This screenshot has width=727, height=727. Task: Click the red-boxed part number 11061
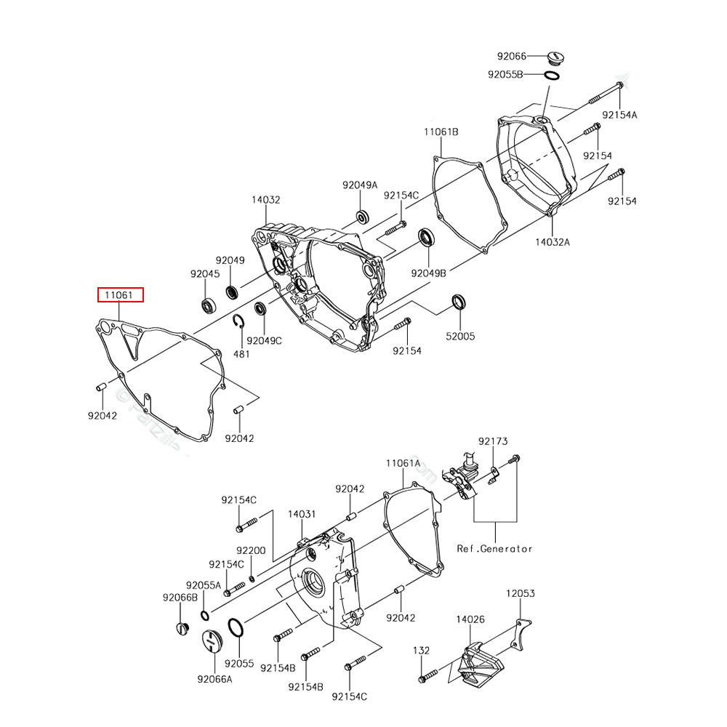pos(121,295)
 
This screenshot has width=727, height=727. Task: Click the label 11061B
pos(441,132)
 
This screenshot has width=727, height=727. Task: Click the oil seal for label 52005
pos(459,301)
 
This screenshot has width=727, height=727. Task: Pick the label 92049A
pos(361,185)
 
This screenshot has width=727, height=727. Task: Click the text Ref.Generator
pos(494,549)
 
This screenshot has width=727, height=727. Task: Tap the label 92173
pos(493,441)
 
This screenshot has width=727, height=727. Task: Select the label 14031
pos(302,514)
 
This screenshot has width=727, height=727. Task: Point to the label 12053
pos(521,594)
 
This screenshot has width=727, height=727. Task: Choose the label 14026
pos(470,619)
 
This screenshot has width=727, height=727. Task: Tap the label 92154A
pos(619,115)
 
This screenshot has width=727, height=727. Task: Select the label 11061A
pos(403,463)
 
